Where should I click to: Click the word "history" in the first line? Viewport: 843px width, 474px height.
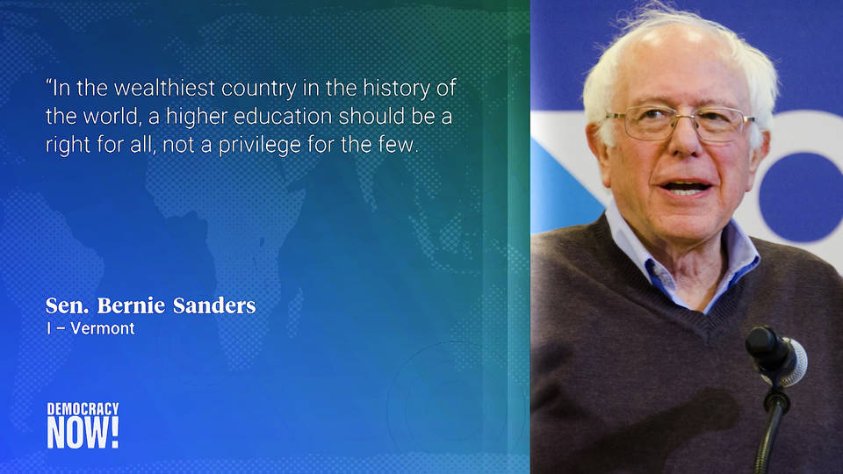(x=397, y=89)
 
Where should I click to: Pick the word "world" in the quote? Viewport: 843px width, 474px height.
(x=111, y=117)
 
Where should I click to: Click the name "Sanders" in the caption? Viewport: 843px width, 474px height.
(x=214, y=305)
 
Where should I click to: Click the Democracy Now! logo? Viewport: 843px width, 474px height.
(x=83, y=425)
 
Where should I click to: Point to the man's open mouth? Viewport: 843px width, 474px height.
(x=685, y=188)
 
